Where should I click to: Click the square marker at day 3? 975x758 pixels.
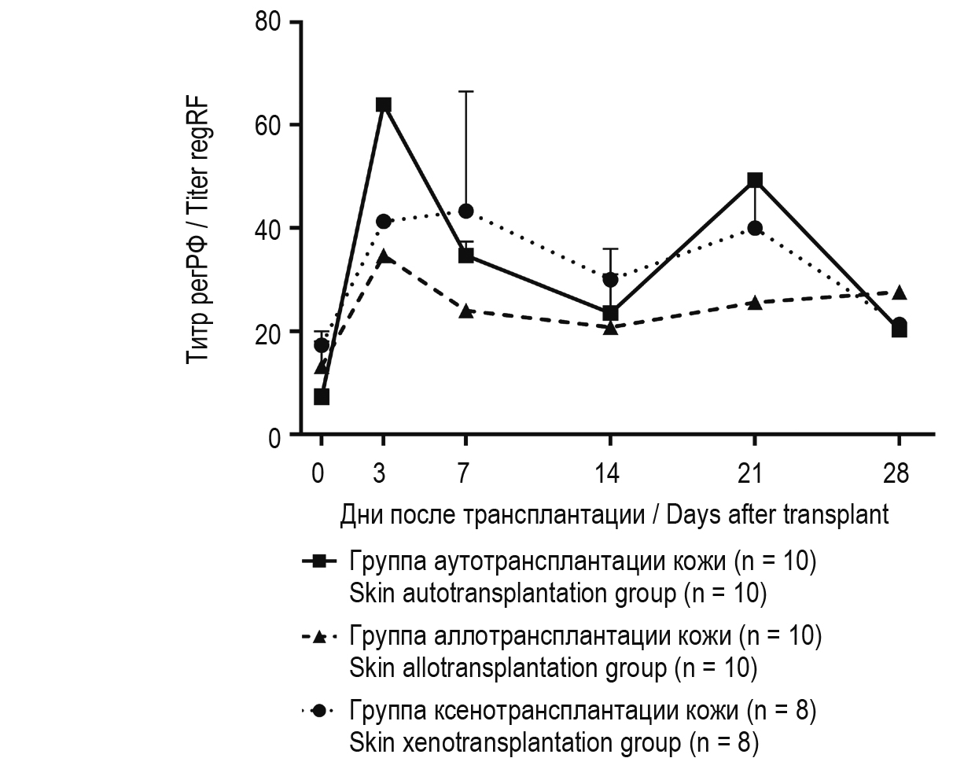[384, 105]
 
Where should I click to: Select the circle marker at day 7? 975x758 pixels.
[465, 211]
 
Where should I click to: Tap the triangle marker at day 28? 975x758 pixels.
[900, 293]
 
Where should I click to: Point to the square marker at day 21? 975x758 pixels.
[755, 180]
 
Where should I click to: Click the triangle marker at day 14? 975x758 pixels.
[610, 327]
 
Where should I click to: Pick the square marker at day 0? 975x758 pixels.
[322, 396]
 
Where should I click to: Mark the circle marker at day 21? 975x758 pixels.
[755, 228]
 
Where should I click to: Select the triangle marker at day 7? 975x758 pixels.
[465, 311]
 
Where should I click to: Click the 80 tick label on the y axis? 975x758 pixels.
[267, 21]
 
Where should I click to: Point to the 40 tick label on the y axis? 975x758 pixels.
[267, 228]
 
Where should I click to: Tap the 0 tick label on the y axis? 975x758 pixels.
[274, 437]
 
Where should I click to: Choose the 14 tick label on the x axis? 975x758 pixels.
[607, 473]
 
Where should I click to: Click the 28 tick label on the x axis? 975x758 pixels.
[896, 473]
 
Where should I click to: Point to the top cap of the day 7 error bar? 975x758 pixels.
[465, 91]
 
